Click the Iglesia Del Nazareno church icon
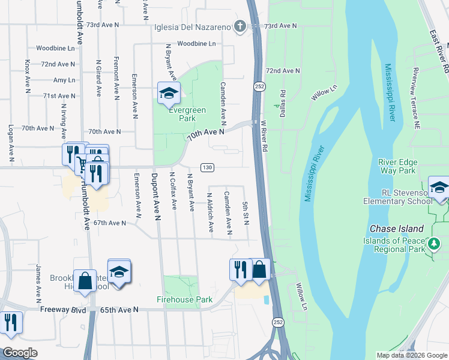click(240, 26)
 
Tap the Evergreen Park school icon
click(169, 93)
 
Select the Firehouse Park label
click(184, 299)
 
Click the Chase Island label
click(397, 229)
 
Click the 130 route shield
click(206, 167)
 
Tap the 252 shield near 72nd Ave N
click(258, 86)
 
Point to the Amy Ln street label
click(64, 80)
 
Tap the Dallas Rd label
click(283, 100)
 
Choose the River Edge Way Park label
click(397, 166)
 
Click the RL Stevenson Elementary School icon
click(439, 187)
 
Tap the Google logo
click(20, 353)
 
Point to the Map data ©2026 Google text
click(411, 355)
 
